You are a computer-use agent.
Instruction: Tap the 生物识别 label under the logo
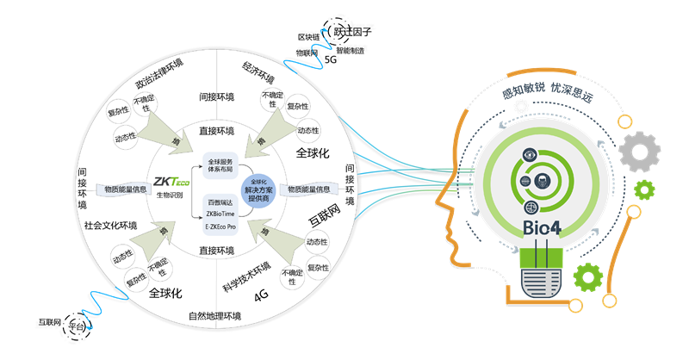point(170,196)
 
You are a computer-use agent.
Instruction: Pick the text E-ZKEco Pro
point(220,228)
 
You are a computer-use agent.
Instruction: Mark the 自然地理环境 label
point(214,315)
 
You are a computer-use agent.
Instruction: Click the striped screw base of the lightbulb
point(545,279)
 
